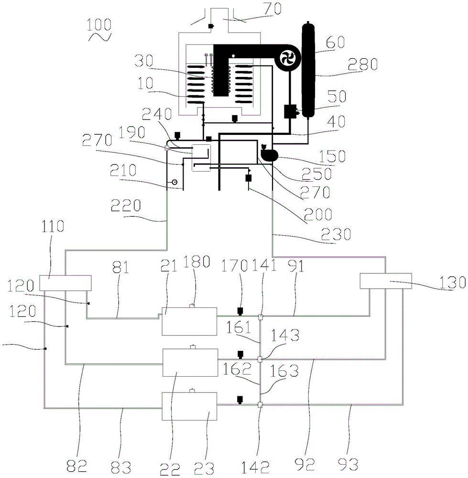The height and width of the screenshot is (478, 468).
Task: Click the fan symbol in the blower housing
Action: [288, 58]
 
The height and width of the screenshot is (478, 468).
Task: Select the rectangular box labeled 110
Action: [65, 282]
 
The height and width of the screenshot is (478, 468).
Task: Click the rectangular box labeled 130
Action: [386, 281]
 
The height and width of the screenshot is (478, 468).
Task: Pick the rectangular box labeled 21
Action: [189, 321]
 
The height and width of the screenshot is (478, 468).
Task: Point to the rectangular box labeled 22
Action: [190, 363]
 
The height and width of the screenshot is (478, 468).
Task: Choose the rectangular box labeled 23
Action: [189, 406]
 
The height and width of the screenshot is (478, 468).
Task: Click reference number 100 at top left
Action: [99, 25]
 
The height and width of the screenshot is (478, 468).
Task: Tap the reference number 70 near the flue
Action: [272, 9]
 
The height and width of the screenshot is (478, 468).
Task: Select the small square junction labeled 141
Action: [260, 317]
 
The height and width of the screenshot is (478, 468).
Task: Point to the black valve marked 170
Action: [240, 311]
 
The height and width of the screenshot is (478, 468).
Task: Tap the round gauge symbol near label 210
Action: [174, 182]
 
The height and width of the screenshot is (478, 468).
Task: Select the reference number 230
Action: [336, 234]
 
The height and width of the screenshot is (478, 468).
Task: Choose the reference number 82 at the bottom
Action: [77, 466]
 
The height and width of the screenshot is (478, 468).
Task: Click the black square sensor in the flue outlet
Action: [210, 26]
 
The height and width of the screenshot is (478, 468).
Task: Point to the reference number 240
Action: [157, 113]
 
